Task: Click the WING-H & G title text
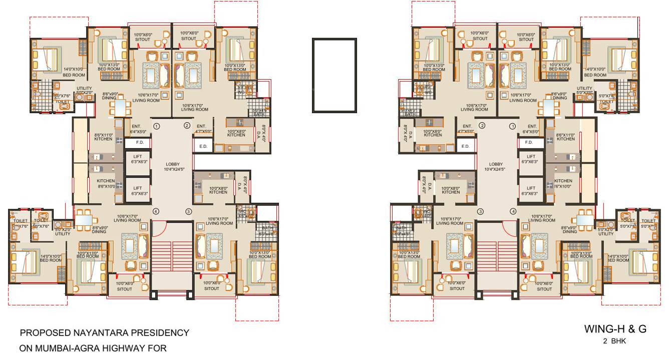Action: pos(615,329)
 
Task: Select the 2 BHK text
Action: pos(615,341)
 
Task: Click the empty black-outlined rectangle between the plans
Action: pos(334,75)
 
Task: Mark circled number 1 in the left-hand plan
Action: pos(156,126)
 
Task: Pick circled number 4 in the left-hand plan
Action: pos(156,211)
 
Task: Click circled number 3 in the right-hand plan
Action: pos(480,211)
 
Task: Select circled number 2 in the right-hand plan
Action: pos(482,126)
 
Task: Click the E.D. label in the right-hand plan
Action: pos(465,146)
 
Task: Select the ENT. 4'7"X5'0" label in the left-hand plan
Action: pos(202,129)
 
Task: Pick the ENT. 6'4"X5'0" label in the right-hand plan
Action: pos(531,129)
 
